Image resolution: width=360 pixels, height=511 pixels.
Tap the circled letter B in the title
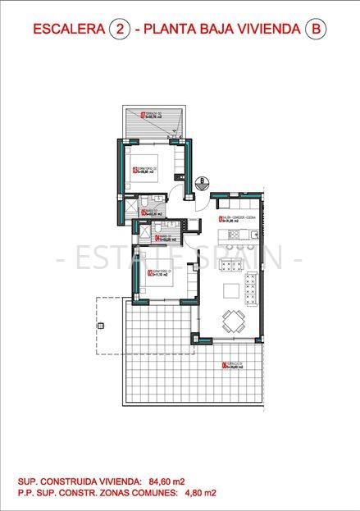point(314,30)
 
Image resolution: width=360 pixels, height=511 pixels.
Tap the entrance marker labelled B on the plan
point(203,181)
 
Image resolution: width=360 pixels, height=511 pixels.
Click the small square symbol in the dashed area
point(102,326)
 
